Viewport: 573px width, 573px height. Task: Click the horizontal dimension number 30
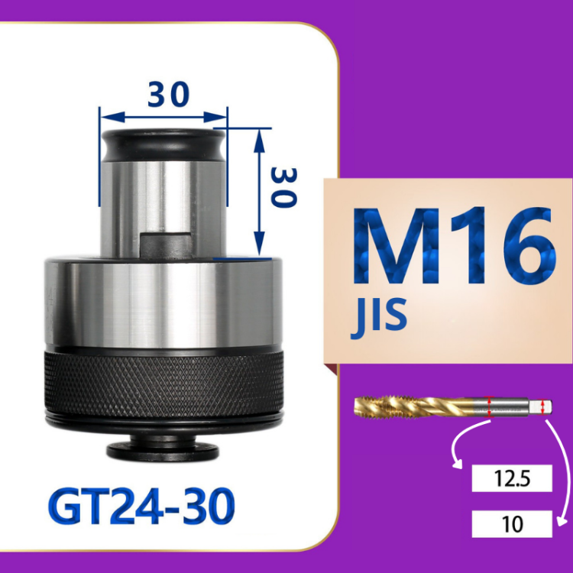click(x=169, y=94)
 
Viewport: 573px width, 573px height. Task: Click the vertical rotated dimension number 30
click(x=283, y=188)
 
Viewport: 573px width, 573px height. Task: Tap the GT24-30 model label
click(x=141, y=506)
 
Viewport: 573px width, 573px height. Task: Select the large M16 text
click(x=454, y=245)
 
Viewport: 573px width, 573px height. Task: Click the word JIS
click(x=379, y=317)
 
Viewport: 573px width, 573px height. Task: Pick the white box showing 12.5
click(x=512, y=478)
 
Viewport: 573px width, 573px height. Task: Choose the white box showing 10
click(x=512, y=523)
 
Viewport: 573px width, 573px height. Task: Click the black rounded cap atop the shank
click(x=163, y=144)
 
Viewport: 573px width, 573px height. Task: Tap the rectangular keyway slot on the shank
click(x=167, y=245)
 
